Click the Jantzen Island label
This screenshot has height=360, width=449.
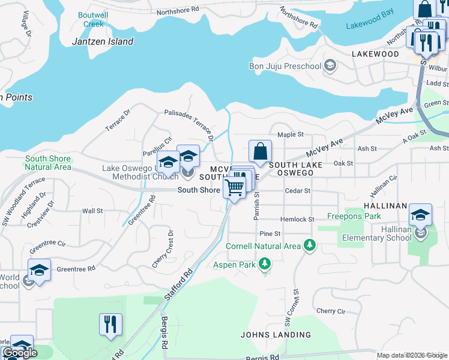pyautogui.click(x=102, y=41)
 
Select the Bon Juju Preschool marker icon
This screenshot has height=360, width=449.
pyautogui.click(x=330, y=65)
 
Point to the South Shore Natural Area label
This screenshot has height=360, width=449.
pyautogui.click(x=48, y=163)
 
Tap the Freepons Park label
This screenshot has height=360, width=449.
pyautogui.click(x=354, y=216)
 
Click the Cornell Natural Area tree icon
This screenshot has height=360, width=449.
pyautogui.click(x=310, y=245)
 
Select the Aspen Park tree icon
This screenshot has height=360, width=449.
pyautogui.click(x=264, y=263)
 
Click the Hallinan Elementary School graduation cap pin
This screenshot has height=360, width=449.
pyautogui.click(x=420, y=215)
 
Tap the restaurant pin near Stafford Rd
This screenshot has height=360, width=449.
pyautogui.click(x=110, y=324)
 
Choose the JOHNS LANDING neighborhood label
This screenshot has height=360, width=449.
pyautogui.click(x=276, y=335)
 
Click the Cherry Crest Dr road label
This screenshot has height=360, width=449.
pyautogui.click(x=171, y=248)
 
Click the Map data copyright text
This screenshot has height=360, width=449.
pyautogui.click(x=412, y=355)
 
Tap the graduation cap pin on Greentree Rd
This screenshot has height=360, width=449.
pyautogui.click(x=39, y=270)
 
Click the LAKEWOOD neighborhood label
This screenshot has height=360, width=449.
pyautogui.click(x=375, y=54)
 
